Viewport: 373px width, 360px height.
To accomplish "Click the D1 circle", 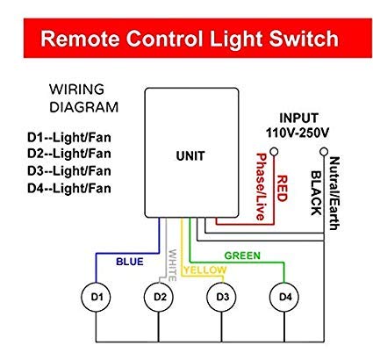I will click(97, 296).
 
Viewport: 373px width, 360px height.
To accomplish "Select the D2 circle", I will click(159, 296).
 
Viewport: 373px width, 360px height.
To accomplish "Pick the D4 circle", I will click(283, 296).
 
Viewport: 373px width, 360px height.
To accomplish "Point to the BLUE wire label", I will click(129, 261).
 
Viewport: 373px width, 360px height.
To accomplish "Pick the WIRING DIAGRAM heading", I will click(80, 97).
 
